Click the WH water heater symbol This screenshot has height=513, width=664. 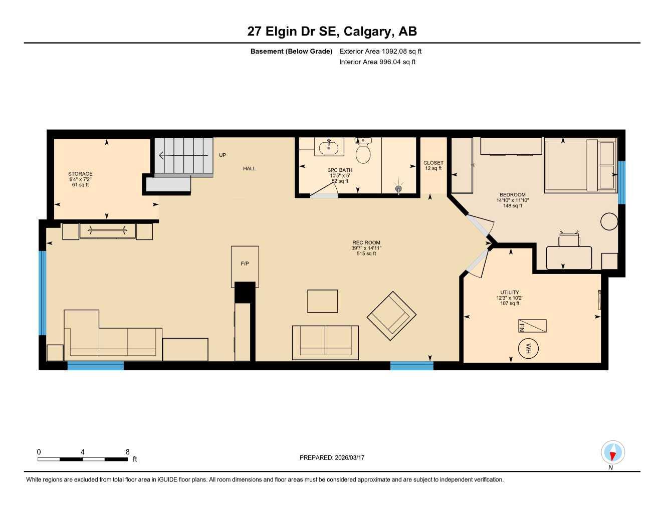pyautogui.click(x=527, y=348)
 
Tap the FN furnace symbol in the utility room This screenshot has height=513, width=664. pyautogui.click(x=532, y=326)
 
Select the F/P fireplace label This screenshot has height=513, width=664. pyautogui.click(x=245, y=264)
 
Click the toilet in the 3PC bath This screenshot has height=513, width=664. pyautogui.click(x=363, y=151)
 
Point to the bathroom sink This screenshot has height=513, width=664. pyautogui.click(x=329, y=148)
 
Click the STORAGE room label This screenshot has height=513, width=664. pyautogui.click(x=80, y=174)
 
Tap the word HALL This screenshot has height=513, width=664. pyautogui.click(x=249, y=169)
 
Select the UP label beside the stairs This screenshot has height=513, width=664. pyautogui.click(x=223, y=155)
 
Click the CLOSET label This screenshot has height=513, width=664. pyautogui.click(x=433, y=163)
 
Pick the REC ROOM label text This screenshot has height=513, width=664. pyautogui.click(x=366, y=242)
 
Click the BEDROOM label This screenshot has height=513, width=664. pyautogui.click(x=512, y=195)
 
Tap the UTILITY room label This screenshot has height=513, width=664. pyautogui.click(x=510, y=292)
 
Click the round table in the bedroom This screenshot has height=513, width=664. pyautogui.click(x=609, y=221)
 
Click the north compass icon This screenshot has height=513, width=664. pyautogui.click(x=612, y=453)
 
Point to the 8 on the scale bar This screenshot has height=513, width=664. pyautogui.click(x=128, y=452)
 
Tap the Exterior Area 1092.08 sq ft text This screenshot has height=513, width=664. pyautogui.click(x=380, y=51)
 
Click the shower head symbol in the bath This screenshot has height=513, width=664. pyautogui.click(x=398, y=188)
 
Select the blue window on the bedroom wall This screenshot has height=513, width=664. pyautogui.click(x=621, y=182)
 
